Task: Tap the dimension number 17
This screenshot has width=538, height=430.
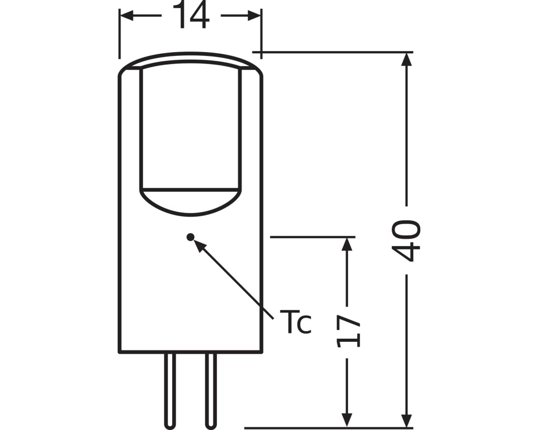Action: pyautogui.click(x=348, y=331)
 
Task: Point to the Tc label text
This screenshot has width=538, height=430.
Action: pyautogui.click(x=295, y=322)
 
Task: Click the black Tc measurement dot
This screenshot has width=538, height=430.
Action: pyautogui.click(x=189, y=236)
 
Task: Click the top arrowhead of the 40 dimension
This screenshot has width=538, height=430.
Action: pyautogui.click(x=407, y=60)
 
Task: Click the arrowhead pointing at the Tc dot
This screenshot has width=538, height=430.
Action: pyautogui.click(x=199, y=245)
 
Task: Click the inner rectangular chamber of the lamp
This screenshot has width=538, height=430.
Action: pyautogui.click(x=189, y=129)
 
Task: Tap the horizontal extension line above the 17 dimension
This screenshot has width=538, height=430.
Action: pyautogui.click(x=312, y=236)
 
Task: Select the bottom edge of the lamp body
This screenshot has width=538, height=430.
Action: pyautogui.click(x=190, y=353)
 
